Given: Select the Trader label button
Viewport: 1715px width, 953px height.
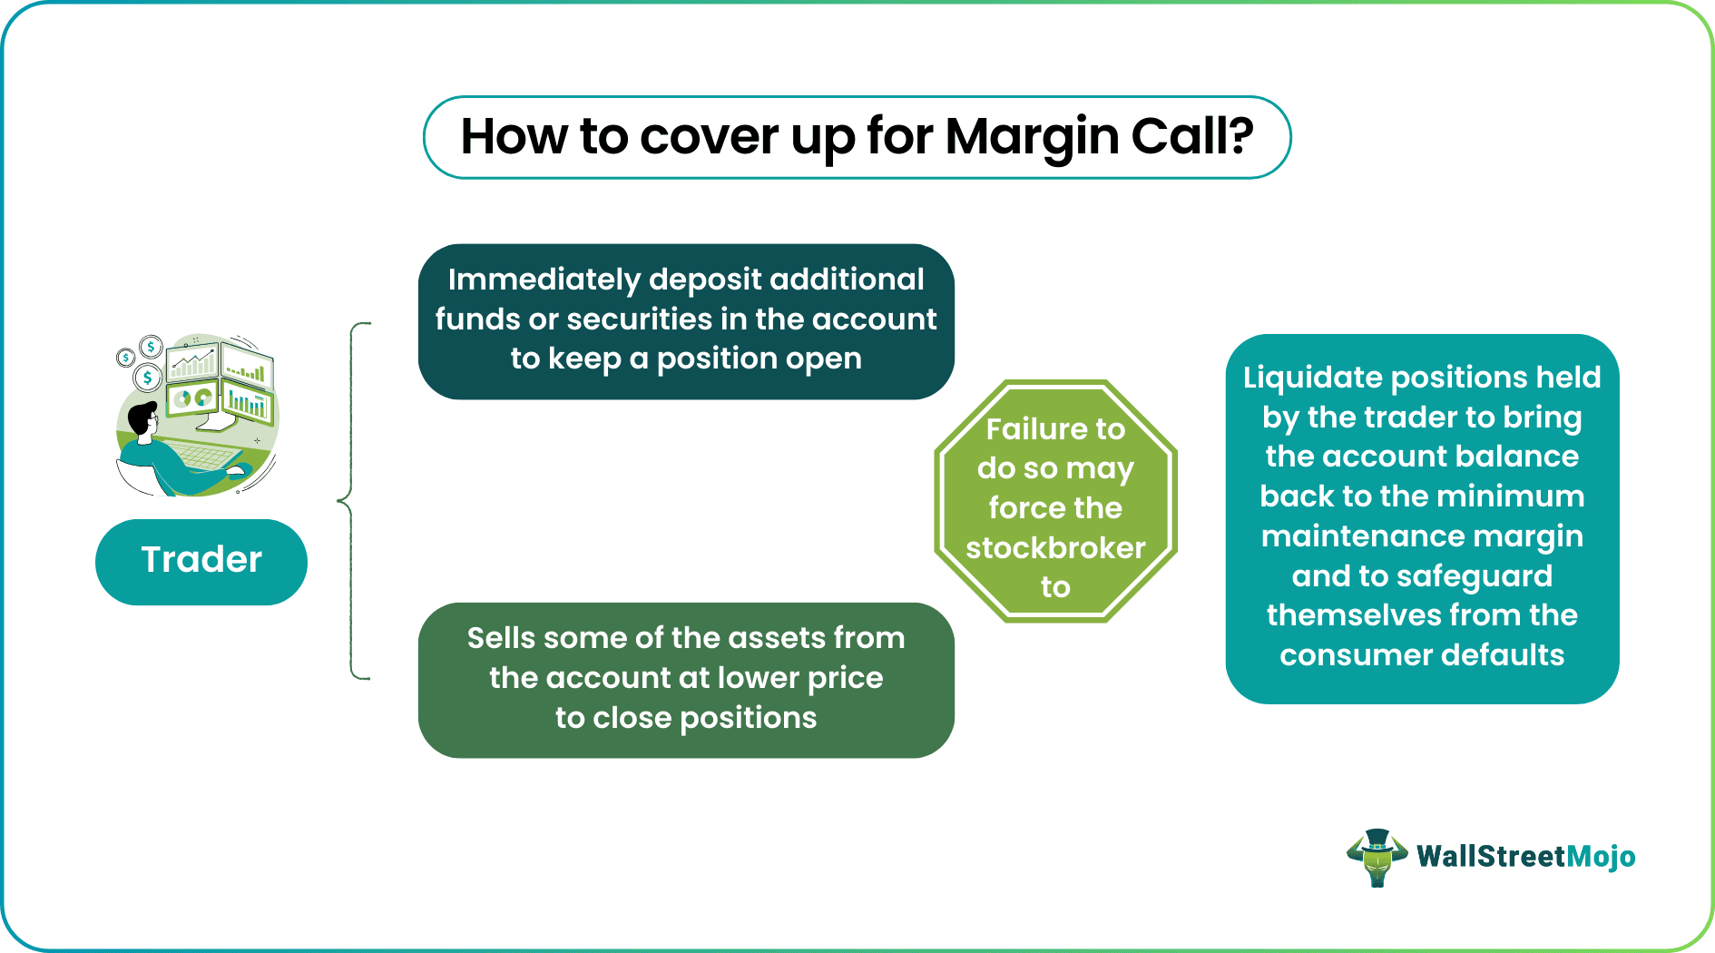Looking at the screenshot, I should [201, 561].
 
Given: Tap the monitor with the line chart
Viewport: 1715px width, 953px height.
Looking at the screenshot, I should [192, 362].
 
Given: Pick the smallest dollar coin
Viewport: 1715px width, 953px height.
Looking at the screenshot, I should [126, 358].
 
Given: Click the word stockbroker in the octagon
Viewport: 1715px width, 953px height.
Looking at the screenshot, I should [1055, 547].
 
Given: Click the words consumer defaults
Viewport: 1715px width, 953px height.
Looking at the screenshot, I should [1422, 654].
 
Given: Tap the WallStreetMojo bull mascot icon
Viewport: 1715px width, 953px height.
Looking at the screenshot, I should [1377, 857].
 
